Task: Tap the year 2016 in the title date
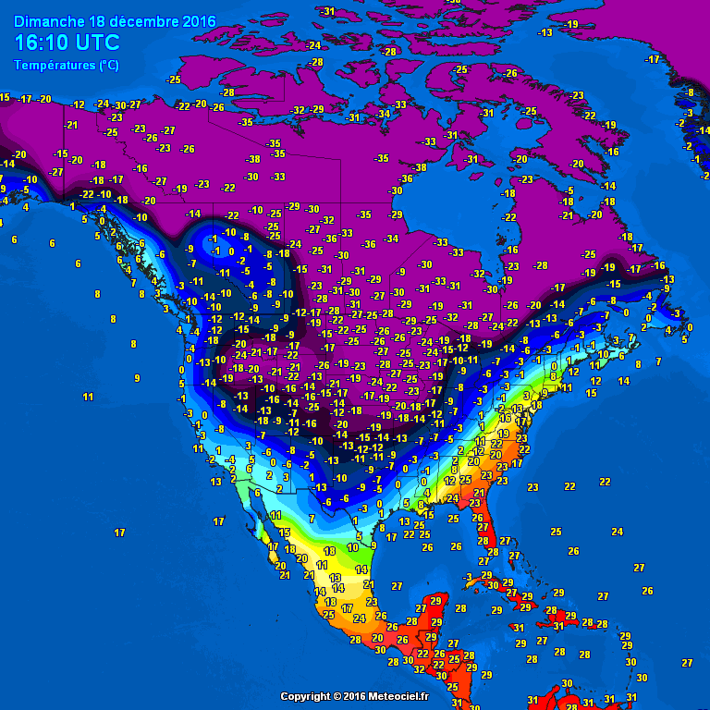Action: pyautogui.click(x=199, y=21)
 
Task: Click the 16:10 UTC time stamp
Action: pyautogui.click(x=67, y=43)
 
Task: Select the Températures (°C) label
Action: pyautogui.click(x=66, y=65)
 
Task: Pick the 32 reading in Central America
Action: pyautogui.click(x=419, y=668)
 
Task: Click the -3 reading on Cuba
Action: pyautogui.click(x=469, y=577)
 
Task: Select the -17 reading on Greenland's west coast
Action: pyautogui.click(x=654, y=59)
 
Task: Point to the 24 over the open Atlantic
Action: pyautogui.click(x=617, y=532)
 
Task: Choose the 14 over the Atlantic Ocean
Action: pyautogui.click(x=624, y=381)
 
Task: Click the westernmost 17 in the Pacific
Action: pyautogui.click(x=119, y=532)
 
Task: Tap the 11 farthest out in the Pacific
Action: pyautogui.click(x=88, y=397)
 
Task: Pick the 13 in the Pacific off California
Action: pyautogui.click(x=215, y=482)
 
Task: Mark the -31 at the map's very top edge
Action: pyautogui.click(x=327, y=11)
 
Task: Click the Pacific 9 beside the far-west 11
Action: pyautogui.click(x=137, y=377)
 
